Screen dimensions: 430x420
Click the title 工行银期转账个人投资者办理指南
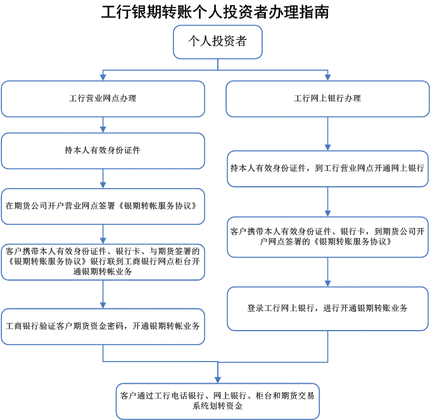[215, 12]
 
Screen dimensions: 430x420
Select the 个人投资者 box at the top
[218, 42]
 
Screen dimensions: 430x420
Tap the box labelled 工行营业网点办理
[103, 99]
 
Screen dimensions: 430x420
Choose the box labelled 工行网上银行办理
[327, 99]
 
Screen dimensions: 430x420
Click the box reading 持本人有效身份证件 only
[103, 151]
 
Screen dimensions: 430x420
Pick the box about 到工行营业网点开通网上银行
[327, 169]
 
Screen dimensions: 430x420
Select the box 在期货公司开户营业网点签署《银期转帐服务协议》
[103, 207]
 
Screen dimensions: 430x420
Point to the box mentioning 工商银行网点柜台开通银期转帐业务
[103, 262]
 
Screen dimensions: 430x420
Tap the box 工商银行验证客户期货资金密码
[103, 326]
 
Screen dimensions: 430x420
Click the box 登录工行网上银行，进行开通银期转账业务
[327, 309]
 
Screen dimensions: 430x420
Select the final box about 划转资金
[218, 401]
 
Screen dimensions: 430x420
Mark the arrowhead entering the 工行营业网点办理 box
[103, 77]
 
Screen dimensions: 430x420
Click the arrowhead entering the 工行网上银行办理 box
[327, 77]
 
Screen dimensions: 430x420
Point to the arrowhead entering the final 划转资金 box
[218, 379]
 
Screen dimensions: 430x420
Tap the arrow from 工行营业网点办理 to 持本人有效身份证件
[103, 125]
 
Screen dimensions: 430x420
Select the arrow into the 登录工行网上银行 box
[327, 272]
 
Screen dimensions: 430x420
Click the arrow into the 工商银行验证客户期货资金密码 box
[103, 295]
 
